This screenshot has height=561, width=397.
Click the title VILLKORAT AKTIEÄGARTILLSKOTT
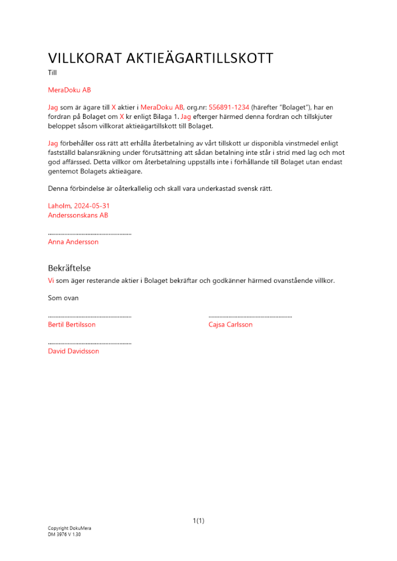coord(161,58)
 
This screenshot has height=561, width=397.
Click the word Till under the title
coord(52,72)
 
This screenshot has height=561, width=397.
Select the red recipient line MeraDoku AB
coord(69,90)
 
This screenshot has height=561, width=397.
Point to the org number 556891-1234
coord(229,107)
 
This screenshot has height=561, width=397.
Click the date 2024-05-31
coord(92,206)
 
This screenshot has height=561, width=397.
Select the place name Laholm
coord(60,206)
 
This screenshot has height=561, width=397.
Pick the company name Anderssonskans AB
coord(78,215)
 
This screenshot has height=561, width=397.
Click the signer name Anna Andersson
coord(73,242)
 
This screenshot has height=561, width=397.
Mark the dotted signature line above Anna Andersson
coord(90,233)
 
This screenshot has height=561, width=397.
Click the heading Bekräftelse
coord(70,268)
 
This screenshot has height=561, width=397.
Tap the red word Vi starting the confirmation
coord(51,280)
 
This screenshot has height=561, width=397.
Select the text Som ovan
coord(63,298)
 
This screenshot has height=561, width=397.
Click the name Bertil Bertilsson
coord(72,324)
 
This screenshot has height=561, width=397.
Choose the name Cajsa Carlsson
coord(230,324)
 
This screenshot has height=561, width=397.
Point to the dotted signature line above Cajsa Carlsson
coord(250,316)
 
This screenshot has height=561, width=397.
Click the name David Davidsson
coord(74,351)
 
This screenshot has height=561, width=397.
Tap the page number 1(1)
coord(198,521)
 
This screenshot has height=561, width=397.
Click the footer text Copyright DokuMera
coord(69,528)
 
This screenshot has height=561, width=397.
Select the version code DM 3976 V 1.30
coord(64,535)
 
